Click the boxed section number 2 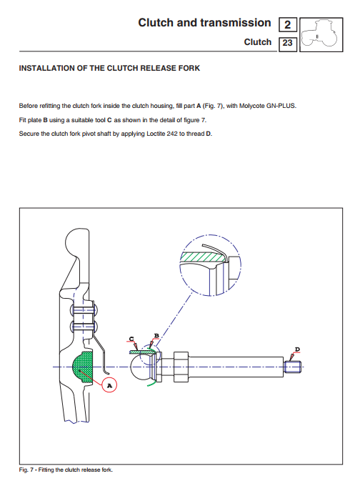coord(287,25)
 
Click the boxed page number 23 coord(287,43)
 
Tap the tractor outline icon coord(321,34)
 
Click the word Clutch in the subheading coord(257,42)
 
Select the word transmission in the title coord(235,23)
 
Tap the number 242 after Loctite coord(172,134)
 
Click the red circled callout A coord(109,385)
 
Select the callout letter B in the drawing coord(156,336)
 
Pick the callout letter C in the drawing coord(131,339)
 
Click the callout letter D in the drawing coord(297,349)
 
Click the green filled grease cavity coord(83,367)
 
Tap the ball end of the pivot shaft coord(139,367)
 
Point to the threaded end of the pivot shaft coord(293,367)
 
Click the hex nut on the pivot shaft coord(181,367)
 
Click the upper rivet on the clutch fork coord(84,310)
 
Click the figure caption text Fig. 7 coord(26,470)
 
